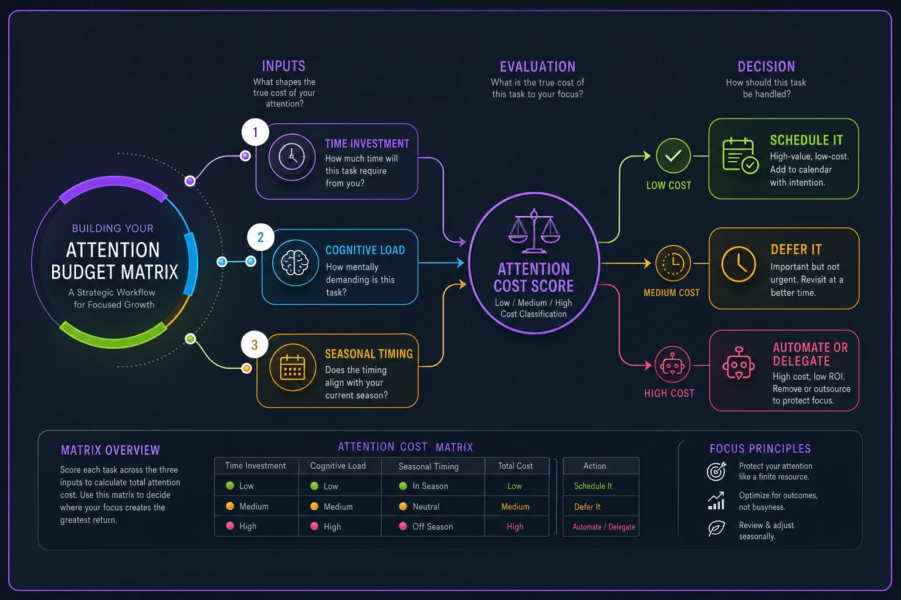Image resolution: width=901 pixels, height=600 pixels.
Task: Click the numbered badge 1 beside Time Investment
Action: click(x=255, y=132)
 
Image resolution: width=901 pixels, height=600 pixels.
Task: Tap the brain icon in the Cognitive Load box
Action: click(x=295, y=263)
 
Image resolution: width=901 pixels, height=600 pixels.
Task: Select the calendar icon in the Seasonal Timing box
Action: click(x=293, y=367)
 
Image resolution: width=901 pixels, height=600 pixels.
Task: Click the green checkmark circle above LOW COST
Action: click(x=673, y=155)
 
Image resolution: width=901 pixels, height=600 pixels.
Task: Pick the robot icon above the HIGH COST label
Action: click(x=672, y=364)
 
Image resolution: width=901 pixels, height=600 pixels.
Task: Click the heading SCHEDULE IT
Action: click(x=806, y=140)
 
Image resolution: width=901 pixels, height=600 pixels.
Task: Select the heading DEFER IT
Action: click(x=796, y=250)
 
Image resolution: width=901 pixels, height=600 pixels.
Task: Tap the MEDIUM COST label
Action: click(x=671, y=293)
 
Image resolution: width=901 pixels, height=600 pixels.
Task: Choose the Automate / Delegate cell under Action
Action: click(x=604, y=527)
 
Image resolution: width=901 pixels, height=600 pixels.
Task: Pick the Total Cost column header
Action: click(x=515, y=466)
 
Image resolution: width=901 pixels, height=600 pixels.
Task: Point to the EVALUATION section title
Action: click(x=537, y=67)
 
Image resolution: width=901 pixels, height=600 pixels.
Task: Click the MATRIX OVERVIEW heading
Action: click(x=110, y=450)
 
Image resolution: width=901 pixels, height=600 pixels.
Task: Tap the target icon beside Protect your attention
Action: click(x=716, y=471)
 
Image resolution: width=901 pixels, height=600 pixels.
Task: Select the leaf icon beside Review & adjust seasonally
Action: click(x=716, y=529)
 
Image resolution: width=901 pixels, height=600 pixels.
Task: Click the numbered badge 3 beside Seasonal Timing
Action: click(x=254, y=345)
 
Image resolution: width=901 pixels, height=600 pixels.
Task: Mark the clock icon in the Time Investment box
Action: click(x=292, y=156)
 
